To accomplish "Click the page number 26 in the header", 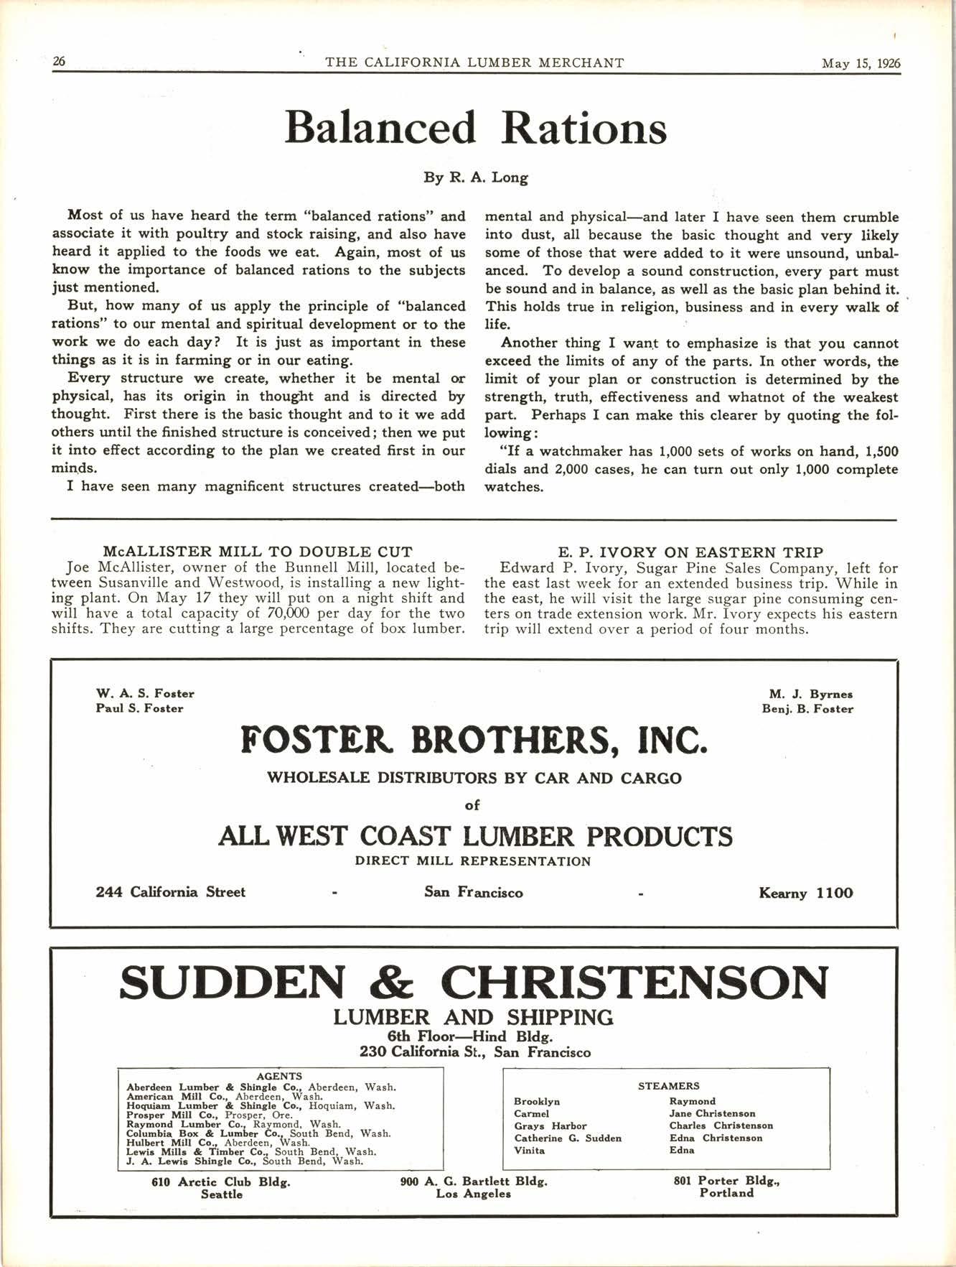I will click(x=59, y=62).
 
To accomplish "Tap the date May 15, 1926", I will click(x=861, y=63).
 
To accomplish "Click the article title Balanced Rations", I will click(x=476, y=128).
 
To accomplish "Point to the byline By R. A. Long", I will click(x=476, y=177).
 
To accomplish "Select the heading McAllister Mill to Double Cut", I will click(x=258, y=552).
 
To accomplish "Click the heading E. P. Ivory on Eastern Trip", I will click(x=690, y=552).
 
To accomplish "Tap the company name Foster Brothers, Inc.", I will click(x=474, y=739).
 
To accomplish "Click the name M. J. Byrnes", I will click(x=811, y=694).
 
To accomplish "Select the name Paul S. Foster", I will click(x=139, y=708).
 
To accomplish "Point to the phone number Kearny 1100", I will click(x=806, y=894).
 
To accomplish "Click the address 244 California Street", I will click(x=171, y=892).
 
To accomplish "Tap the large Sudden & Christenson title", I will click(x=474, y=982).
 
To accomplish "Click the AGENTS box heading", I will click(x=279, y=1076).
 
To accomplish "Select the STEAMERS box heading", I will click(x=668, y=1086).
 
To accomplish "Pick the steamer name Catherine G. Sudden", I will click(x=568, y=1138).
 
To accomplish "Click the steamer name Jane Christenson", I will click(x=712, y=1114).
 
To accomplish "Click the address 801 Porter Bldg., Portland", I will click(x=726, y=1186).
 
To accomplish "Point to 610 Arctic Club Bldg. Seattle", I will click(x=221, y=1188).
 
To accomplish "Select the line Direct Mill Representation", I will click(x=473, y=861).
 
